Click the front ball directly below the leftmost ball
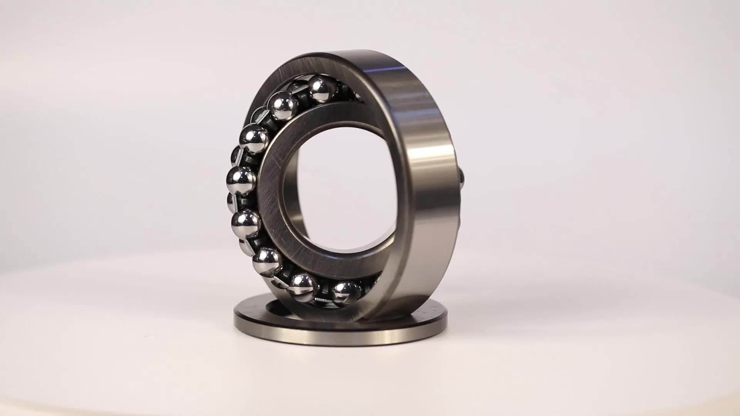(246, 223)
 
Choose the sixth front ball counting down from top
(266, 261)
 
